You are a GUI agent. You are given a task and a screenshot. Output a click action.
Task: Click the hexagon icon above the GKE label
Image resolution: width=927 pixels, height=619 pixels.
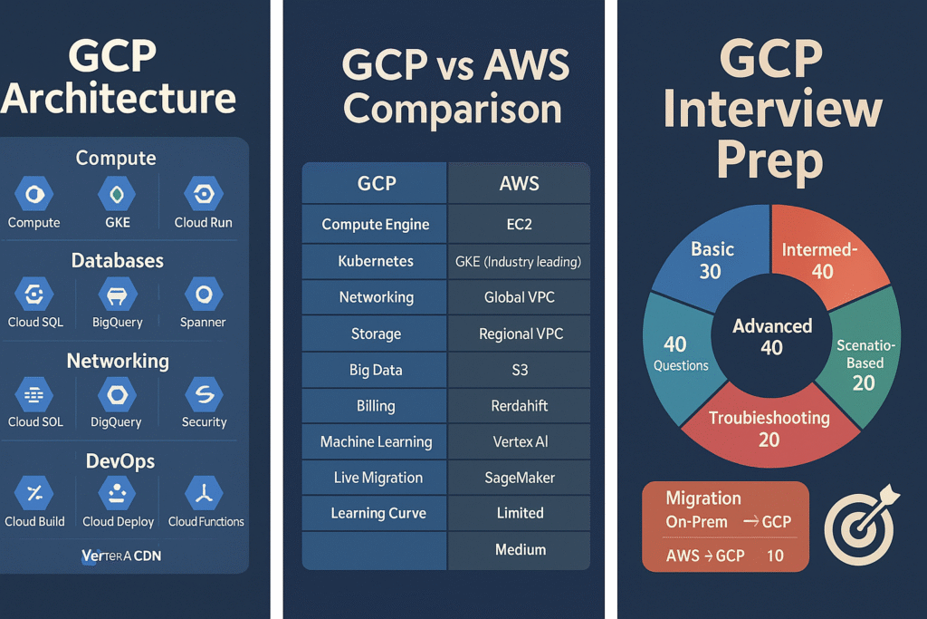coord(117,194)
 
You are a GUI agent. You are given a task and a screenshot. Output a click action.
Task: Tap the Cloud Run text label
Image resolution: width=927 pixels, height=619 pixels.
coord(204,223)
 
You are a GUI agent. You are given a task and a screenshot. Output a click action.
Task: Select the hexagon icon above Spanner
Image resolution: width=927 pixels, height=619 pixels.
coord(203,294)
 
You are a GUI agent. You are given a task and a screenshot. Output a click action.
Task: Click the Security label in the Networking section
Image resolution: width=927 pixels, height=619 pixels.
coord(204,422)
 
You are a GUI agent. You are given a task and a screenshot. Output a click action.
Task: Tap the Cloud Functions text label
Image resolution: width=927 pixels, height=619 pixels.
coord(206,522)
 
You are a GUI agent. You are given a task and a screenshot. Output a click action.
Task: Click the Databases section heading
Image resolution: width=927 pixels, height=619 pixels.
coord(118,261)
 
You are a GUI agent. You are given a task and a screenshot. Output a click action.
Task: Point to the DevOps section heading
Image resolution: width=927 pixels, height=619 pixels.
coord(119,461)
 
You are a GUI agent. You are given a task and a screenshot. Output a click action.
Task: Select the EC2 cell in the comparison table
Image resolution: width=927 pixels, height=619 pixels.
coord(520,225)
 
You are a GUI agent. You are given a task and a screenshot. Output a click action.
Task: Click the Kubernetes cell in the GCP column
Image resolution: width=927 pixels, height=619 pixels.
coord(376,261)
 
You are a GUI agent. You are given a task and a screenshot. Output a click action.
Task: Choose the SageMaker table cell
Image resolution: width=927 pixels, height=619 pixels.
coord(520,478)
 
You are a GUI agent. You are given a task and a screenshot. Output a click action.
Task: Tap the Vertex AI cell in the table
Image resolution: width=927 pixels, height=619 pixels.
coord(520,442)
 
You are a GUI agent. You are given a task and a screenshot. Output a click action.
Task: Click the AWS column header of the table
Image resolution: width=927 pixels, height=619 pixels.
coord(520,184)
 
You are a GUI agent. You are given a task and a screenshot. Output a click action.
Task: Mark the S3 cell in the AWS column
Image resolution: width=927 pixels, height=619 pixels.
coord(520,370)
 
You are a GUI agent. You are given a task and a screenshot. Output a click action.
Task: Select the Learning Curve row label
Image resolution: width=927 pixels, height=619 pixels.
coord(376,513)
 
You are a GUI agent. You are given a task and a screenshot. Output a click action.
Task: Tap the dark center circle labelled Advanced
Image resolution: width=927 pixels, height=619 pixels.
coord(771,335)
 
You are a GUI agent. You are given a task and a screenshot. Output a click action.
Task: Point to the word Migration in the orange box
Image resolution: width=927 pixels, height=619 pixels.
coord(703,498)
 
